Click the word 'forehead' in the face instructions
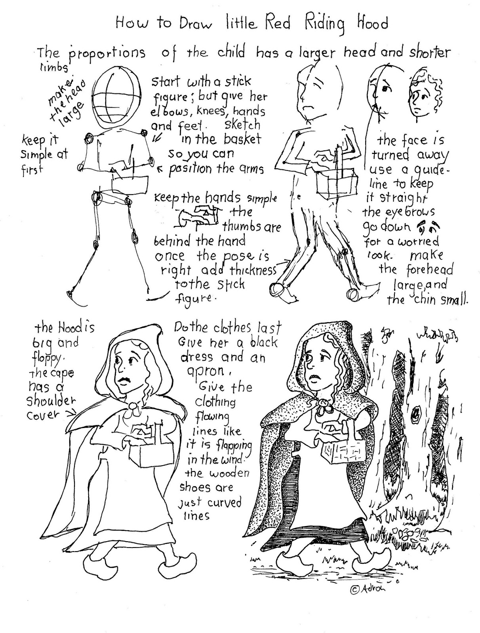coord(429,270)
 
